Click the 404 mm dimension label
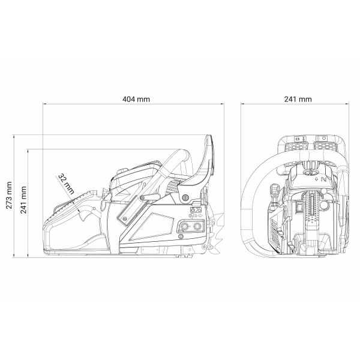tap(136, 99)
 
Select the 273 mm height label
tap(9, 195)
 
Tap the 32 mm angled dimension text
tap(67, 184)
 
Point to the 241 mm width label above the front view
tap(298, 99)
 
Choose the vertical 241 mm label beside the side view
tap(23, 200)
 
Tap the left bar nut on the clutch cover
tap(183, 226)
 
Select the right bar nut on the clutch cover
tap(197, 226)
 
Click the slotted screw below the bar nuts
tap(181, 236)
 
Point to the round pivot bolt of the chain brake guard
tap(185, 197)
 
